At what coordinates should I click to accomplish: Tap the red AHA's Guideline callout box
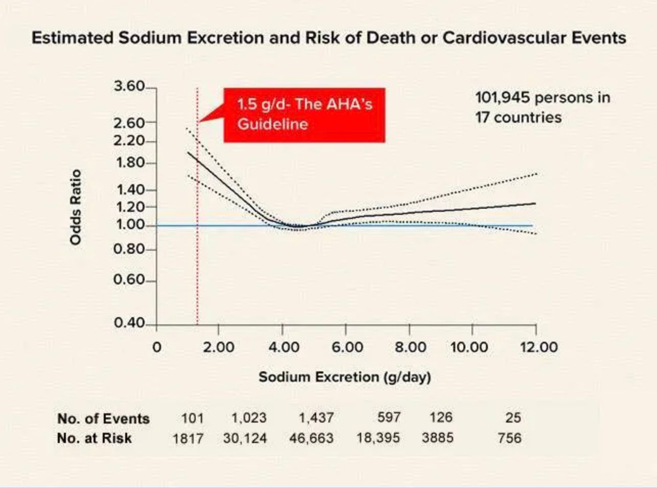304,115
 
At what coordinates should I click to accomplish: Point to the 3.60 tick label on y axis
129,86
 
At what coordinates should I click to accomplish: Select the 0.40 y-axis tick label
129,324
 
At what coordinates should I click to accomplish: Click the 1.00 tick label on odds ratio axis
129,226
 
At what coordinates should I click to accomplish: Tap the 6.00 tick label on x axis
347,347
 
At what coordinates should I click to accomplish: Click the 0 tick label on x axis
157,347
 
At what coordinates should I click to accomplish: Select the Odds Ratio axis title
76,207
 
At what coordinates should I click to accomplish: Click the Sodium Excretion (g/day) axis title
345,378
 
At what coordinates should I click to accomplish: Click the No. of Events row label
103,418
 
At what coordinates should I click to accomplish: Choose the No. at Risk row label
94,438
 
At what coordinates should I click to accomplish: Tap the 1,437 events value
316,418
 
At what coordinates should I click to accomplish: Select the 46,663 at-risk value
311,438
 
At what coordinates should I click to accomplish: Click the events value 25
512,418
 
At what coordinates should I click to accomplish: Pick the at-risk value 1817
187,438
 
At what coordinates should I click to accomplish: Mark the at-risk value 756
509,438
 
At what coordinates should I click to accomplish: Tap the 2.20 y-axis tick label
129,141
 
